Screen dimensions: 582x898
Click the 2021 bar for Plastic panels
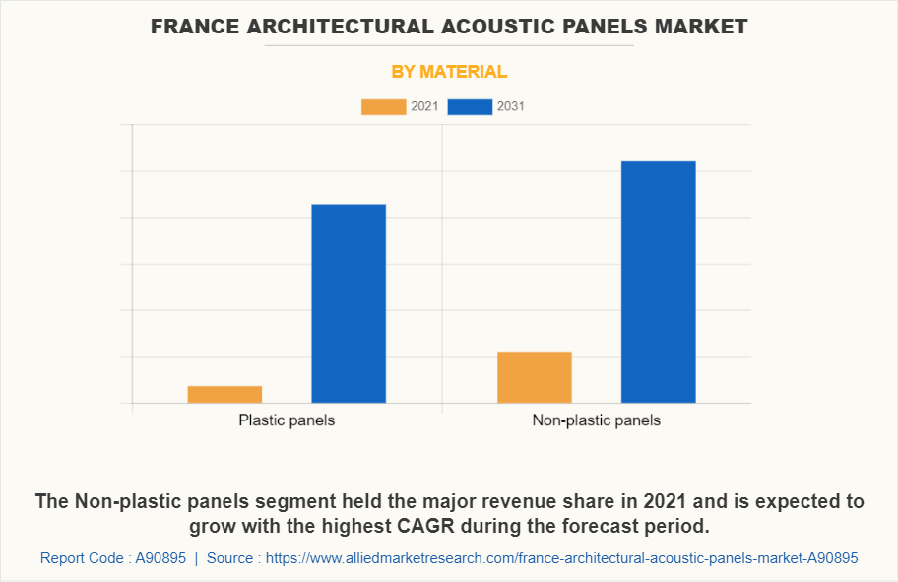click(x=224, y=394)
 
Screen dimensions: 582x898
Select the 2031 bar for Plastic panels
click(x=349, y=303)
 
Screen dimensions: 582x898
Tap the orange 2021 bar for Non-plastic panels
click(x=535, y=377)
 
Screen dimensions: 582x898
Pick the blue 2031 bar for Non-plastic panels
click(x=659, y=282)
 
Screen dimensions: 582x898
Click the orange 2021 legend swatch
click(x=383, y=106)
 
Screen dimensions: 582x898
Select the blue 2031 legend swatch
click(x=470, y=106)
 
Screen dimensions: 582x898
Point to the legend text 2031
click(x=511, y=106)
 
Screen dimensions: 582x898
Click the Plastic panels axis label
click(x=287, y=420)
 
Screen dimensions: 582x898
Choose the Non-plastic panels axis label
click(x=597, y=420)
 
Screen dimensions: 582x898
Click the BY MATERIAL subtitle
click(x=449, y=72)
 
